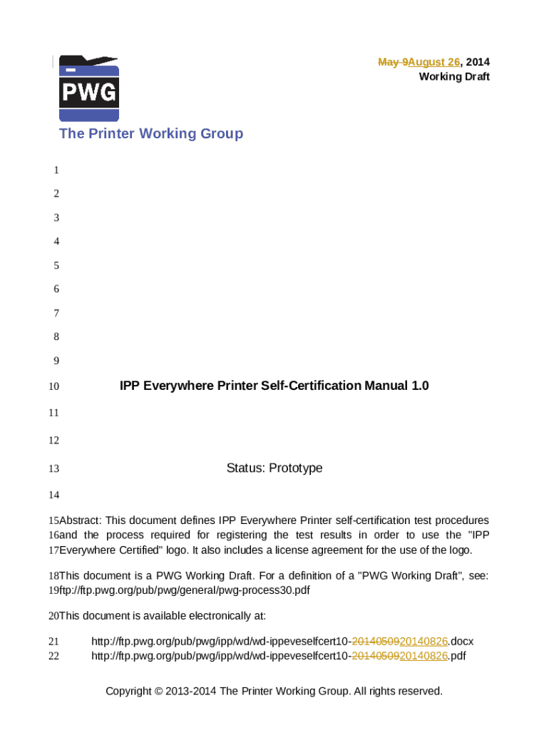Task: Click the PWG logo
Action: click(x=88, y=89)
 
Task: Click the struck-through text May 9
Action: click(x=392, y=62)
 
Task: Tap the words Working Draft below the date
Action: click(x=454, y=76)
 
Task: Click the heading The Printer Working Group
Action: click(x=151, y=133)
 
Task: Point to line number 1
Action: click(x=56, y=170)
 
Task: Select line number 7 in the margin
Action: click(x=56, y=313)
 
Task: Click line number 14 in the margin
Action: click(x=53, y=495)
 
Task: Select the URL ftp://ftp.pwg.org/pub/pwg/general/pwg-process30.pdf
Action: click(x=185, y=590)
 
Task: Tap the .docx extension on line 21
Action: click(x=461, y=641)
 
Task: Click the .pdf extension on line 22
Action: click(x=457, y=656)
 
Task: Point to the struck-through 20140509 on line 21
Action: click(x=376, y=641)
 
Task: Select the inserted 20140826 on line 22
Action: click(x=424, y=656)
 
